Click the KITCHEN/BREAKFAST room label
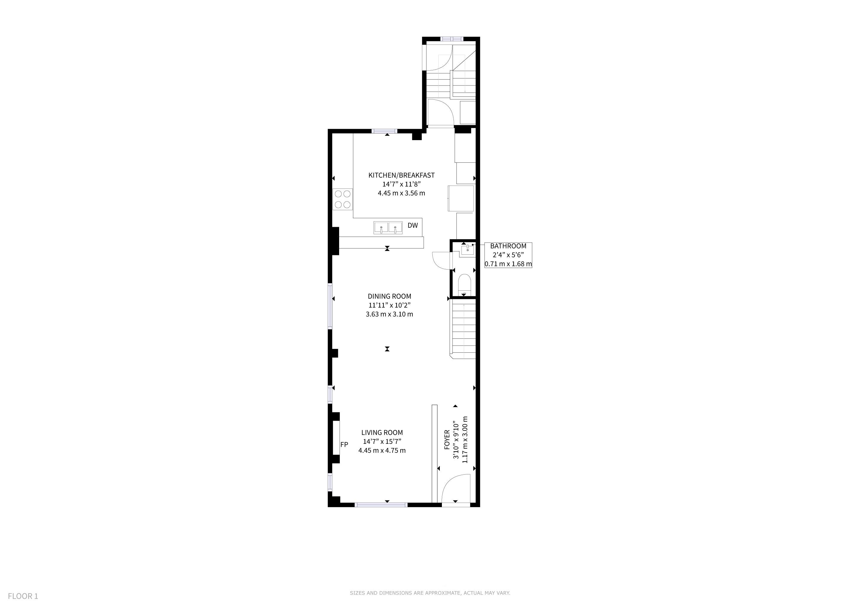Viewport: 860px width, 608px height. (401, 175)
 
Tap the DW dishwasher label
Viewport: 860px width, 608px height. (412, 225)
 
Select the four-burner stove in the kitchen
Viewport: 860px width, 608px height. (80, 199)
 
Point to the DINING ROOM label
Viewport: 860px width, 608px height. (390, 296)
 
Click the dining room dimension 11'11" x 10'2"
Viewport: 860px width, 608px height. (390, 305)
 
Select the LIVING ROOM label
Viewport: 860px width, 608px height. (382, 433)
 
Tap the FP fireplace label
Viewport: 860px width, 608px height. (344, 444)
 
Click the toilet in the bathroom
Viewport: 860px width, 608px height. (464, 284)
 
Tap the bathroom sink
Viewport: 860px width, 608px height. (467, 250)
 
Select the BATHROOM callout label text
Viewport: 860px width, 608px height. (508, 246)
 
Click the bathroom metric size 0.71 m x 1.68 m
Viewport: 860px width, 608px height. (508, 264)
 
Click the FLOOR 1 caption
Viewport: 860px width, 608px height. (23, 596)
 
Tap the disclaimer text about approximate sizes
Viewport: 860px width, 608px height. (430, 593)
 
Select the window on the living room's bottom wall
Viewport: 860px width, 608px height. (381, 505)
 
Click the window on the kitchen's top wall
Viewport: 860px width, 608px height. (384, 131)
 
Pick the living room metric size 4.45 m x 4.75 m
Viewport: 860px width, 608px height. (382, 450)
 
